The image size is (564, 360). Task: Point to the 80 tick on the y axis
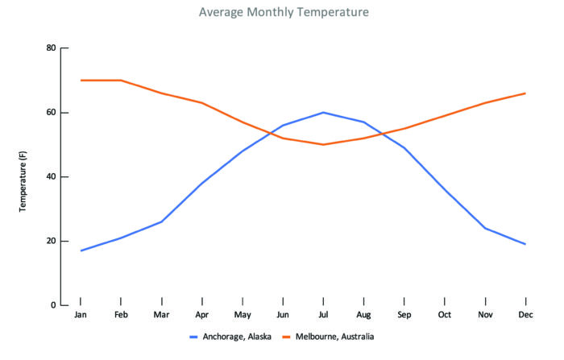point(51,48)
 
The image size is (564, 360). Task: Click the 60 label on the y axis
point(51,113)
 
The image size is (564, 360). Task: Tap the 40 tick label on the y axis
point(51,177)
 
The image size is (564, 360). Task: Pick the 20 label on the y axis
point(51,242)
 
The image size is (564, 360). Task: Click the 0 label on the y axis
point(53,306)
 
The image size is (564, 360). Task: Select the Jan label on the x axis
point(81,315)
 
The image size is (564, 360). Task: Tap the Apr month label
point(201,315)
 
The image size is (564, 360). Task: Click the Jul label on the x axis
point(323,315)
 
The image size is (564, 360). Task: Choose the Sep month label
point(404,315)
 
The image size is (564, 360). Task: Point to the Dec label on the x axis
point(525,315)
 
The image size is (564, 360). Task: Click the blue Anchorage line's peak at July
point(323,113)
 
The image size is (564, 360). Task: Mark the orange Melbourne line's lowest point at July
point(323,145)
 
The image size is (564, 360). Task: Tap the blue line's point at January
point(81,250)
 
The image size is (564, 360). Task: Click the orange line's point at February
point(121,81)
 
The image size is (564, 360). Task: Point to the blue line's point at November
point(485,228)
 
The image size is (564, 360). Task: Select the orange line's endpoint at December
point(525,93)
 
